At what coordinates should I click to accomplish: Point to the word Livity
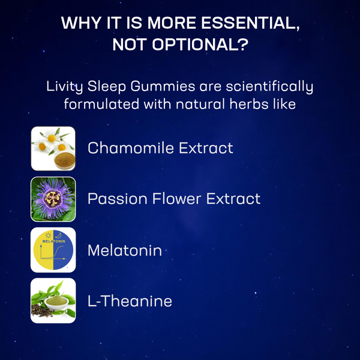tap(66, 86)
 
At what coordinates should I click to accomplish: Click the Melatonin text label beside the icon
tap(125, 250)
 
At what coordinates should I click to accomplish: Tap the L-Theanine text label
tap(130, 301)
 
